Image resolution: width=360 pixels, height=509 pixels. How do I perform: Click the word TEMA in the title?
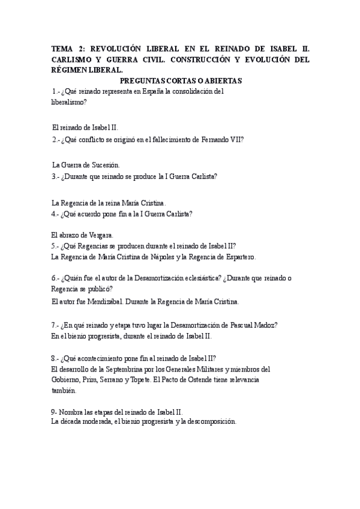(x=61, y=49)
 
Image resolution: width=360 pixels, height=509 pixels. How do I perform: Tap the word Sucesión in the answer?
(x=106, y=164)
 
